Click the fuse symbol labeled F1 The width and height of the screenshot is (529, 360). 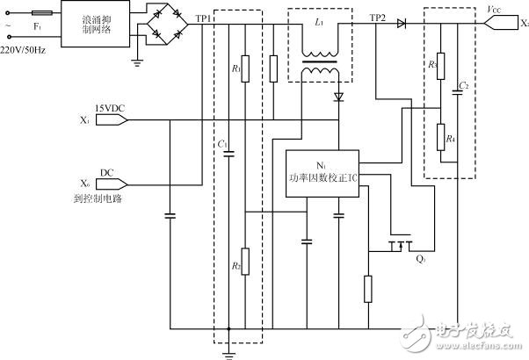point(40,14)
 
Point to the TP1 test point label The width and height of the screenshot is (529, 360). point(203,18)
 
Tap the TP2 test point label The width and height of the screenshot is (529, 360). point(377,18)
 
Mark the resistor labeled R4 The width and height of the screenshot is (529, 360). point(440,136)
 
